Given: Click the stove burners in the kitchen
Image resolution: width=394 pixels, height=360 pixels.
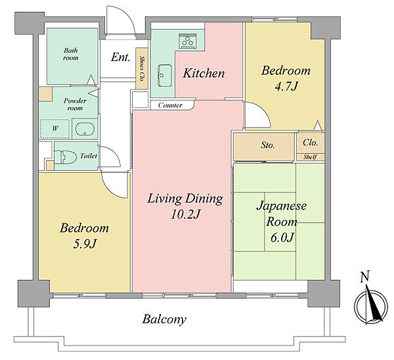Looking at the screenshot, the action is click(187, 41).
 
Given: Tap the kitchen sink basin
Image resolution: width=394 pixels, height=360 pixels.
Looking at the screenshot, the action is click(165, 76).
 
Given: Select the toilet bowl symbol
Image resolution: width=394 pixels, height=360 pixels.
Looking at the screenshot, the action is click(65, 157).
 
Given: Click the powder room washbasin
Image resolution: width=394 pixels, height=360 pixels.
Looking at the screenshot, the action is click(85, 129).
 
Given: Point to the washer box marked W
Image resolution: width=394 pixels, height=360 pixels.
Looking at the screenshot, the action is click(55, 129).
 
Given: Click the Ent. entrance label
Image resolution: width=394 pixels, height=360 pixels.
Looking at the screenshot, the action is click(121, 57).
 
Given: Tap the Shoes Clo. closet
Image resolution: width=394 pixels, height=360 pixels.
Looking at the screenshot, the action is click(142, 68).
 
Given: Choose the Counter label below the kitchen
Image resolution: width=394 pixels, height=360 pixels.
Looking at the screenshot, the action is click(170, 105).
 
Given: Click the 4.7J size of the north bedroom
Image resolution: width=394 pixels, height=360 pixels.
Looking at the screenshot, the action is click(286, 87).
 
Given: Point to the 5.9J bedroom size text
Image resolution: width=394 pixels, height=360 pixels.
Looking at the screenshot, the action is click(85, 244).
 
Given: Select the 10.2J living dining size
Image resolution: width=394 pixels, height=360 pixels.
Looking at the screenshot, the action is click(185, 214).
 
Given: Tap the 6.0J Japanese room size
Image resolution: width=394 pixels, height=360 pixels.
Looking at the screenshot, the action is click(282, 237).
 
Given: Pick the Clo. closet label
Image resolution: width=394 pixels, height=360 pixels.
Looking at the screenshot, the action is click(311, 143).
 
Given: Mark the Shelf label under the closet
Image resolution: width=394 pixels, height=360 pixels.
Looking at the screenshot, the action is click(310, 157).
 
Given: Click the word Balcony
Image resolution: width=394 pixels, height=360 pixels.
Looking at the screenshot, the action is click(164, 319).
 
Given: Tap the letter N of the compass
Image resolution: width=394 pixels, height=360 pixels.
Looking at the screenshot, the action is click(365, 277).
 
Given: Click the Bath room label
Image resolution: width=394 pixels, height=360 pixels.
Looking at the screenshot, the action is click(71, 54).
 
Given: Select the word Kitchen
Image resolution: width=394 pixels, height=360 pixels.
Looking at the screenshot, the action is click(204, 73).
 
